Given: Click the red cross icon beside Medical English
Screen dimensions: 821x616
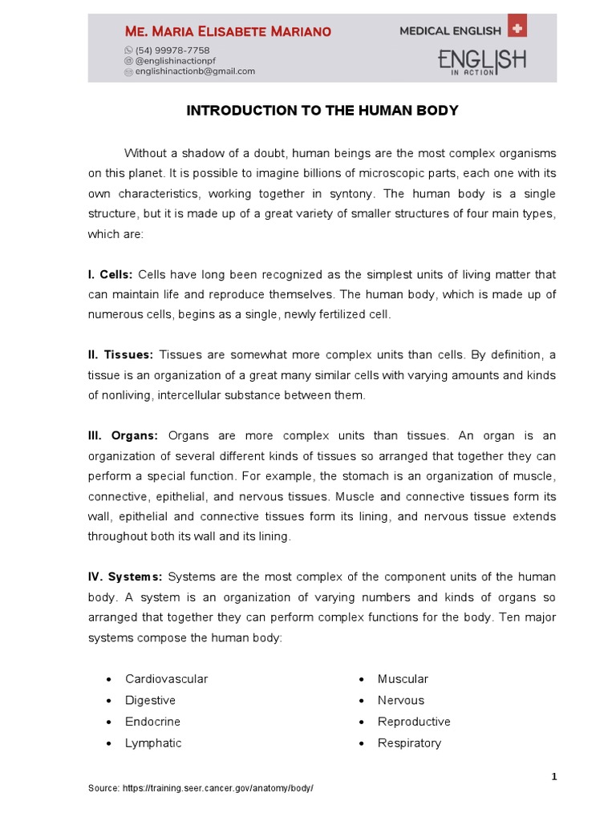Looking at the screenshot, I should pos(517,29).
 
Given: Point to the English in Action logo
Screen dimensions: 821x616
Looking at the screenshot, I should pos(481,62).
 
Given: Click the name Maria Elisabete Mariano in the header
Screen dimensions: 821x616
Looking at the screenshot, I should pos(228,31).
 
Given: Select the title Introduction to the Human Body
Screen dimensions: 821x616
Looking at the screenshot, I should pos(322,111).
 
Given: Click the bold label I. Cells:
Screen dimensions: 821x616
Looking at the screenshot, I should pos(110,275).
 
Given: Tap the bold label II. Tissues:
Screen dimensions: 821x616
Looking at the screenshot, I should pos(120,355).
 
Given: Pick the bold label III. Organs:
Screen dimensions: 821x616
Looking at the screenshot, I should pos(123,436).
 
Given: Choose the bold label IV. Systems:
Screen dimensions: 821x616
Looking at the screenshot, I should pos(125,577).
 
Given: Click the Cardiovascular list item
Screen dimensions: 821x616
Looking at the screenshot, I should pos(166,679).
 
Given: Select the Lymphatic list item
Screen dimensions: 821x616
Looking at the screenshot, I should pos(153,743).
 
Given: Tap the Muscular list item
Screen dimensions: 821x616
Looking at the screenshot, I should pos(403,679).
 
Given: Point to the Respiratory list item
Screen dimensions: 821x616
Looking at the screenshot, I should pos(409,743).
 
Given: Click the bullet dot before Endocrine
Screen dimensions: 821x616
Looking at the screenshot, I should pos(108,722).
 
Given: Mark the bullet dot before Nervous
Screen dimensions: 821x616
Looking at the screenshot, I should pos(361,701).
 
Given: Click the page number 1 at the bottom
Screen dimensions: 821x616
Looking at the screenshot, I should pos(553,777).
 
